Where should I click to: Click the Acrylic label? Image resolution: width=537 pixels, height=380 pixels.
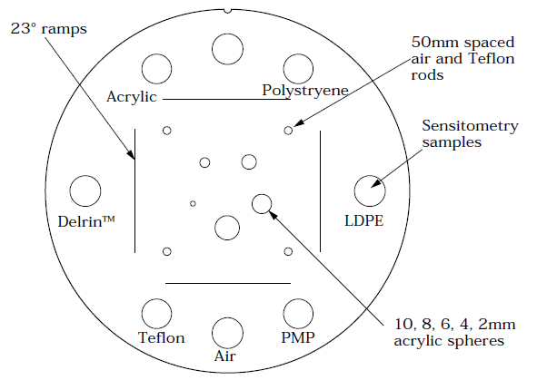pos(132,97)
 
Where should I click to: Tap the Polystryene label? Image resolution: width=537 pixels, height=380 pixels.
pos(305,91)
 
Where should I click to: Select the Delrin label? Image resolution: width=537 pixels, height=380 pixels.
pos(86,222)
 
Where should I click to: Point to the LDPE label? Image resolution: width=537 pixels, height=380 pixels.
pos(363,220)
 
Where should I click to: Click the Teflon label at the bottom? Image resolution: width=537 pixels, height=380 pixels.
pos(162,337)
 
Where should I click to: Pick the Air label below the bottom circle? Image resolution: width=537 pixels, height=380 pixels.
pos(225,356)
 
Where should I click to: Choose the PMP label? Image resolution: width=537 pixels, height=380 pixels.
pos(298,337)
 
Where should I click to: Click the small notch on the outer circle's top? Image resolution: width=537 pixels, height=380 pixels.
pos(228,11)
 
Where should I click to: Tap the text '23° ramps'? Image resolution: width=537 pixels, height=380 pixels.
pos(49,29)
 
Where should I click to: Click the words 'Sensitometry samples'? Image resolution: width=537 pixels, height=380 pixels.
pos(470,134)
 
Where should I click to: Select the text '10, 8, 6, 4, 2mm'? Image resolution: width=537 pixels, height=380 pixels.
pos(455,324)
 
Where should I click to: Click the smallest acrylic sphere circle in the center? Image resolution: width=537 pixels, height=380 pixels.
pos(193,204)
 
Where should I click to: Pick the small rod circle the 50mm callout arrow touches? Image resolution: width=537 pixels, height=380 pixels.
pos(288,131)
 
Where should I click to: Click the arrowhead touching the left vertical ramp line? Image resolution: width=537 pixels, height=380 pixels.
pos(131,155)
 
